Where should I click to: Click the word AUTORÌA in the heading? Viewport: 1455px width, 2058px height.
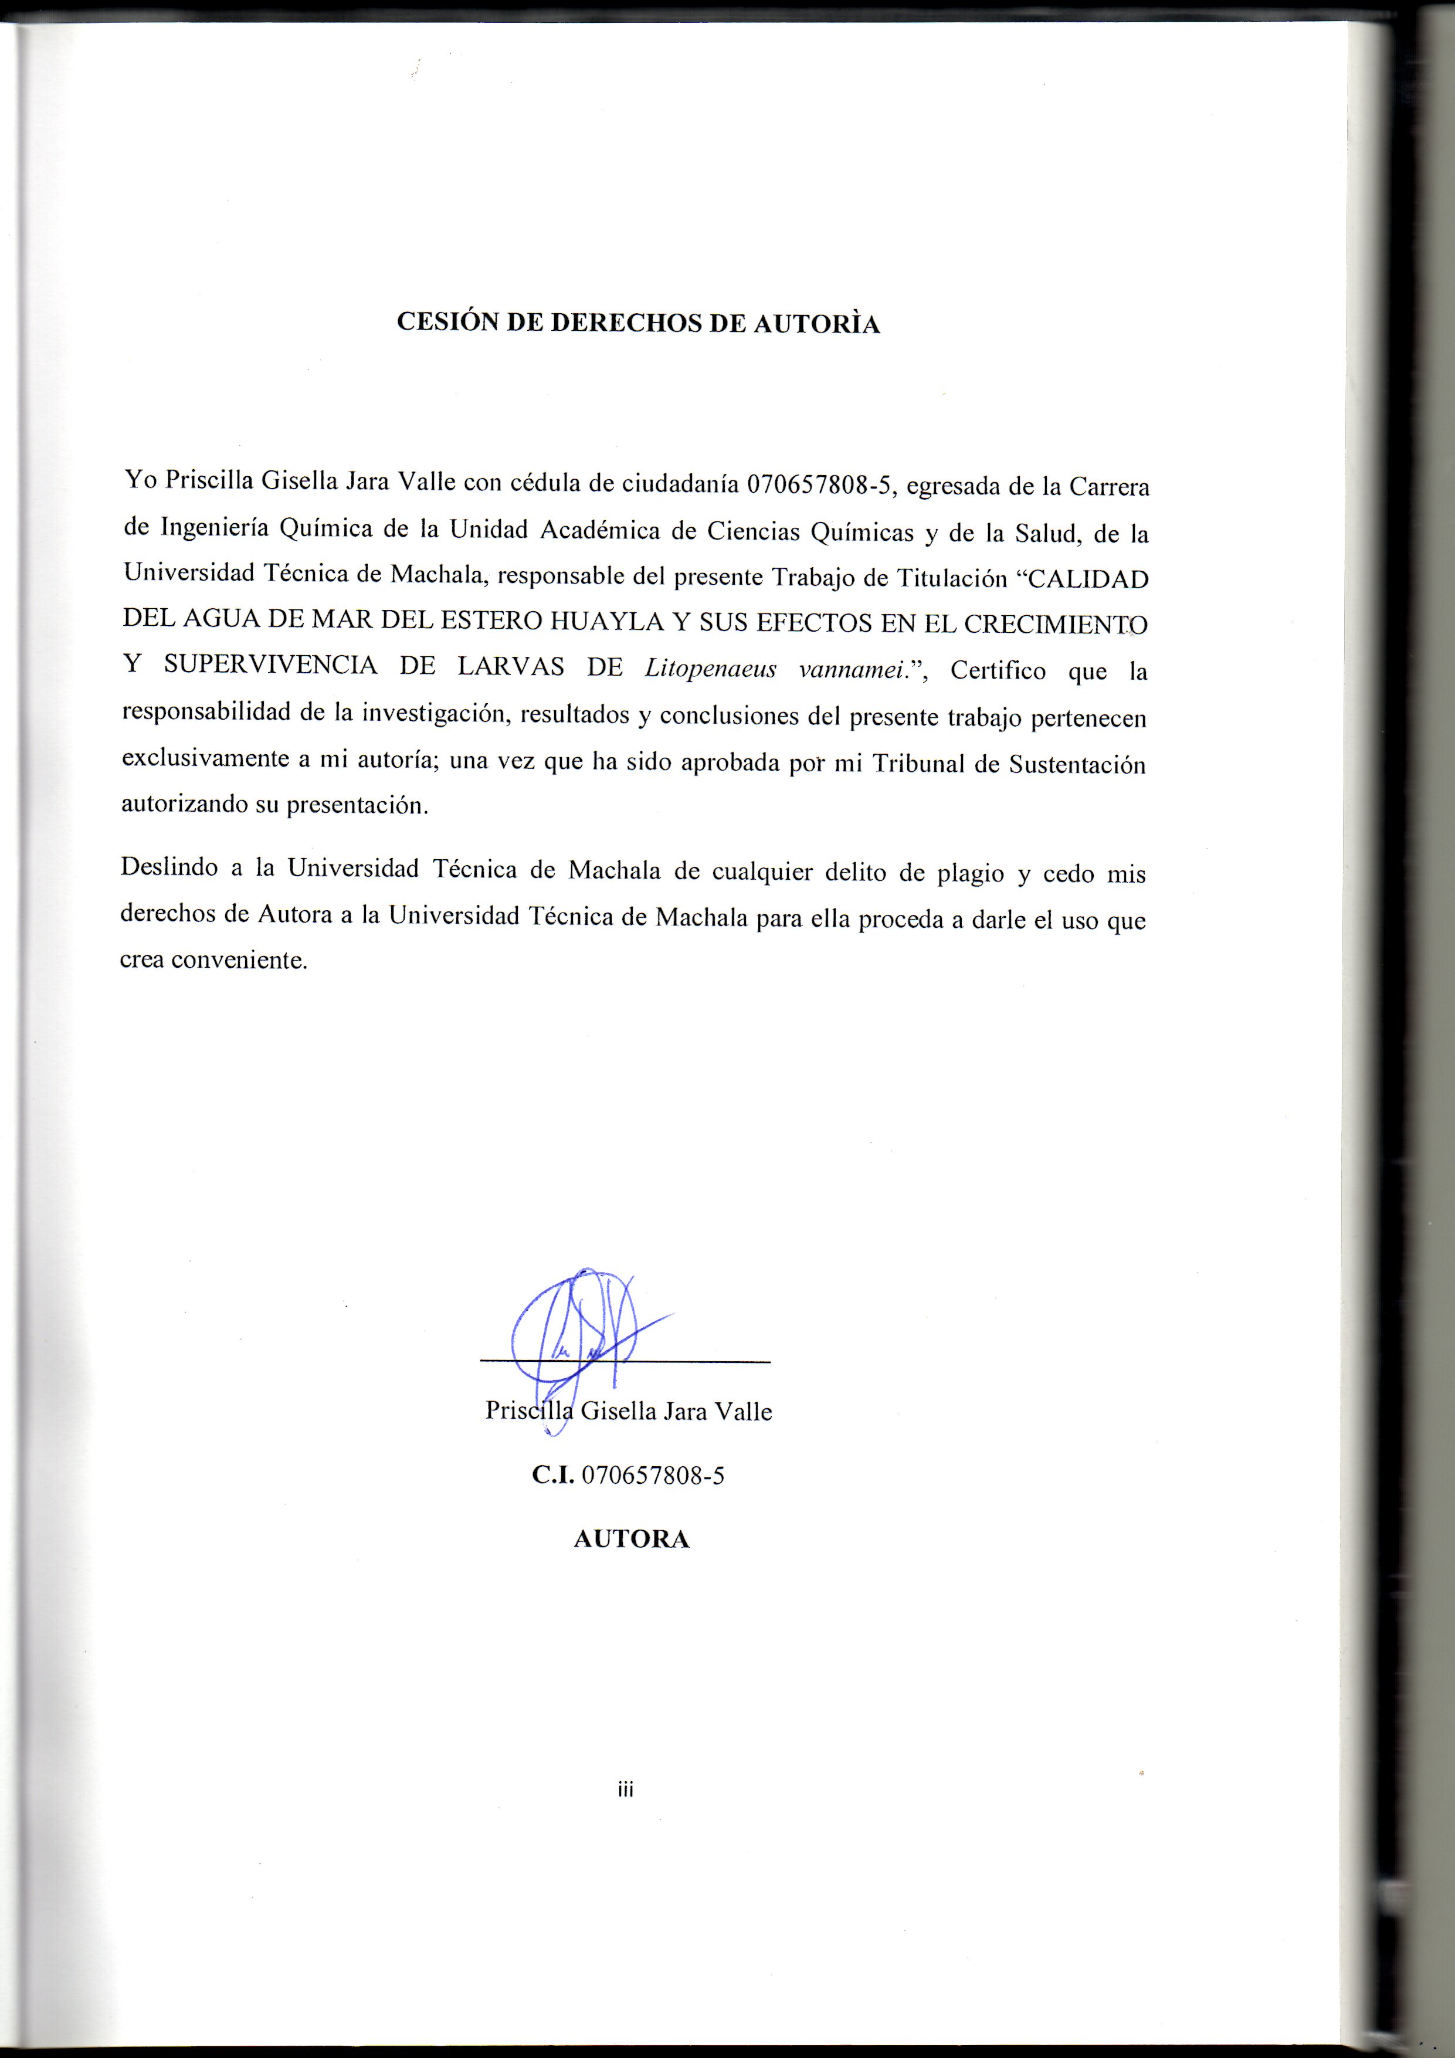point(816,324)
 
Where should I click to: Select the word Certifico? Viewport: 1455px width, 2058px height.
point(998,670)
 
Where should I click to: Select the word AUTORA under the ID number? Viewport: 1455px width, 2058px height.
point(631,1539)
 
